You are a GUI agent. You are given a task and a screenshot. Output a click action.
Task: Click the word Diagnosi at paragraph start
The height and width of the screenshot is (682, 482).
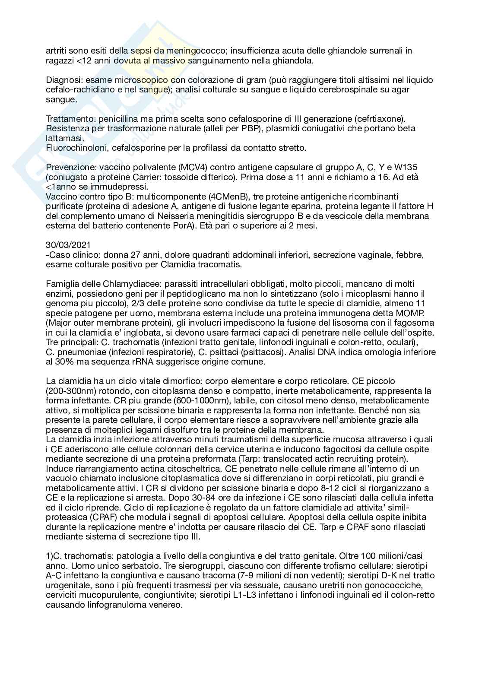pyautogui.click(x=60, y=80)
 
